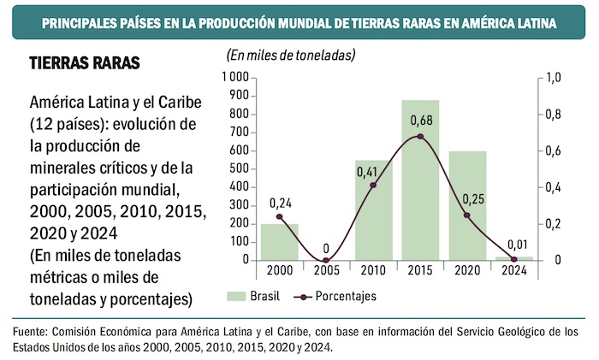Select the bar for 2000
(x=279, y=242)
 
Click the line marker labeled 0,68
(x=420, y=137)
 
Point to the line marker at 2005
(x=326, y=260)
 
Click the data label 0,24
(x=281, y=204)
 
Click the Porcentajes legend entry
(x=334, y=296)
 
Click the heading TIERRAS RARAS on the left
(x=85, y=65)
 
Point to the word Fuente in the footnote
(x=33, y=332)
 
